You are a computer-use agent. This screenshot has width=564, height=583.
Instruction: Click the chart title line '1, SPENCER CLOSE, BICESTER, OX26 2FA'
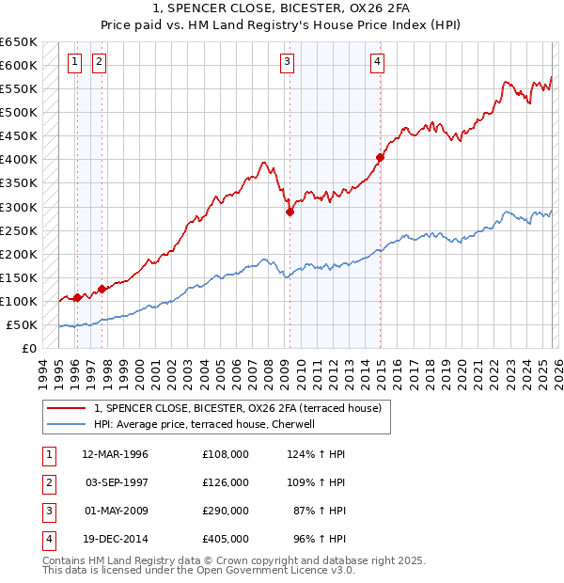[x=282, y=8]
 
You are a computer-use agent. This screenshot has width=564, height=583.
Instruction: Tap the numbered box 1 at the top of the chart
[x=74, y=63]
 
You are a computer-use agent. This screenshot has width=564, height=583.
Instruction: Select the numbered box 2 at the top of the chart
[x=98, y=63]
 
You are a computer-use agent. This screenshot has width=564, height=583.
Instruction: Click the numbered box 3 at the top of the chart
[x=286, y=63]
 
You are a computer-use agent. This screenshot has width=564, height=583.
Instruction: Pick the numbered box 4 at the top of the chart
[x=376, y=63]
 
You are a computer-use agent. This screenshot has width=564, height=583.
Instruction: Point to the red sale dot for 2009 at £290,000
[x=290, y=212]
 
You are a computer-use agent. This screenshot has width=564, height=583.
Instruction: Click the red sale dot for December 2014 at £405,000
[x=380, y=158]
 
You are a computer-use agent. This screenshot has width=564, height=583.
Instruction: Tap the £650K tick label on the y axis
[x=19, y=42]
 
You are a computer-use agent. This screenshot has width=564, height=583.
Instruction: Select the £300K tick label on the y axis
[x=19, y=207]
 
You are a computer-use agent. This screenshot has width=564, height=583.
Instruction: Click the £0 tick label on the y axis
[x=29, y=348]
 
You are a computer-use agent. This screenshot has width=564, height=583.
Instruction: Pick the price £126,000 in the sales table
[x=226, y=481]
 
